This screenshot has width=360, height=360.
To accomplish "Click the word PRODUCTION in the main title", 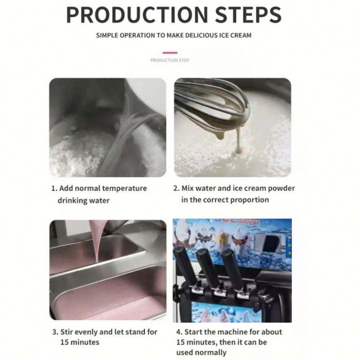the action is pyautogui.click(x=137, y=15).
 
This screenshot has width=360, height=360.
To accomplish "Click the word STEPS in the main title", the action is pyautogui.click(x=248, y=15).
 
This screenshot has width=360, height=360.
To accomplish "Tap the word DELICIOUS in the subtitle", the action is pyautogui.click(x=201, y=35).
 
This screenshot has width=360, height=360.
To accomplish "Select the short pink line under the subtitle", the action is pyautogui.click(x=170, y=53).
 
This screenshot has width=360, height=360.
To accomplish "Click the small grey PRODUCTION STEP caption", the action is pyautogui.click(x=170, y=61).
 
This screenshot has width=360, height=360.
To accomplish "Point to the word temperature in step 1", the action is pyautogui.click(x=125, y=189).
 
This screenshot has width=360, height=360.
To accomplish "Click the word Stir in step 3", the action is pyautogui.click(x=66, y=332).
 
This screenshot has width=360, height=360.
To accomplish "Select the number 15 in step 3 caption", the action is pyautogui.click(x=64, y=342).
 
